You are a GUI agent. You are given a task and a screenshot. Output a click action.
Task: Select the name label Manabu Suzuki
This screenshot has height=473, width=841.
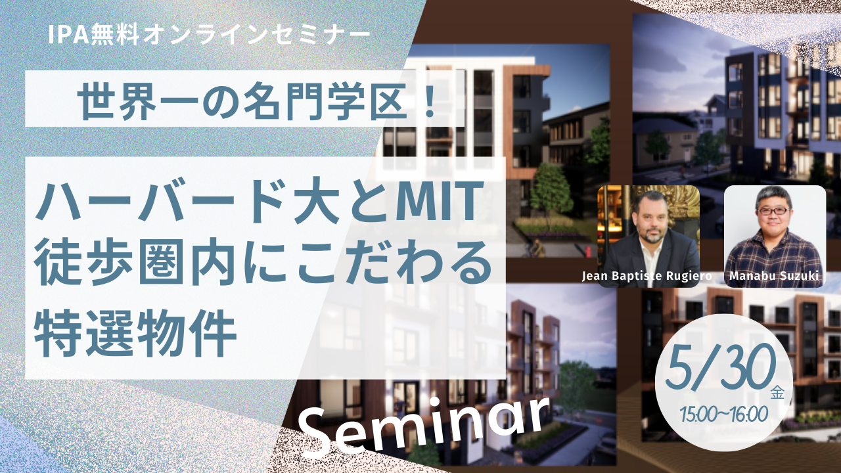774,275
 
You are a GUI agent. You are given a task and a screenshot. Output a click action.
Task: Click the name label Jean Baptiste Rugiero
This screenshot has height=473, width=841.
647,276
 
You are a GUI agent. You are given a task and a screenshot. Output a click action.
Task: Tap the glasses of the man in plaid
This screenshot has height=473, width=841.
774,211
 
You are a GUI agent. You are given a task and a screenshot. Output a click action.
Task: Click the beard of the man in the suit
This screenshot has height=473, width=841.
653,235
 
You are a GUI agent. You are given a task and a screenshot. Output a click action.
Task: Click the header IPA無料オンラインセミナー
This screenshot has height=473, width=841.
210,35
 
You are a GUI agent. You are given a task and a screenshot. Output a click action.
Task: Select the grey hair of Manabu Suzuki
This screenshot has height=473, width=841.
773,195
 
